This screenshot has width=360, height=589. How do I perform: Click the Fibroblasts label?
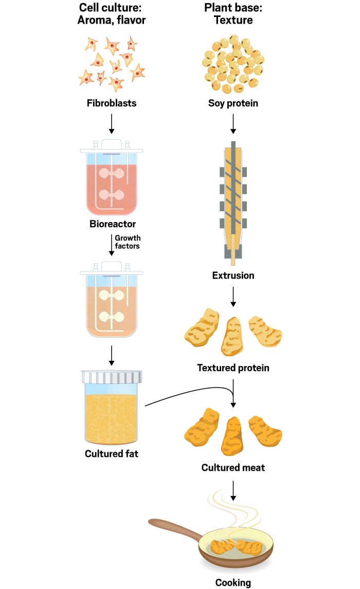[x=112, y=103]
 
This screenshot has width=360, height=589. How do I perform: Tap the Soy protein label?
[x=233, y=103]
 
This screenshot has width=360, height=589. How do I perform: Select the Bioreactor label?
[x=112, y=225]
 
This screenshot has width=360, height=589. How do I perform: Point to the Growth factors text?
[x=128, y=243]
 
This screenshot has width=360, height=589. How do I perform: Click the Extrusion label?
[x=233, y=275]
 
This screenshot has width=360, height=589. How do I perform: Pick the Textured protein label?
[x=233, y=368]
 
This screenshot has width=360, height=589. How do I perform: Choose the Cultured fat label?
[x=112, y=454]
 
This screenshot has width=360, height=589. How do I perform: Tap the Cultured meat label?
[x=233, y=468]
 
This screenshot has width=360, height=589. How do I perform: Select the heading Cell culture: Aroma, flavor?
[x=112, y=14]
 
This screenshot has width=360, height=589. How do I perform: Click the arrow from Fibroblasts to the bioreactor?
[x=112, y=124]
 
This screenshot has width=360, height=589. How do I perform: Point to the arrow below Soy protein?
[x=233, y=124]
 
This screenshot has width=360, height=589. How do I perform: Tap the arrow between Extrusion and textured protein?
[x=233, y=296]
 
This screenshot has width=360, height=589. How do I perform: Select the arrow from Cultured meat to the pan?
[x=233, y=491]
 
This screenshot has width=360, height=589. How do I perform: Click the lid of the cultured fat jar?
[x=112, y=377]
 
